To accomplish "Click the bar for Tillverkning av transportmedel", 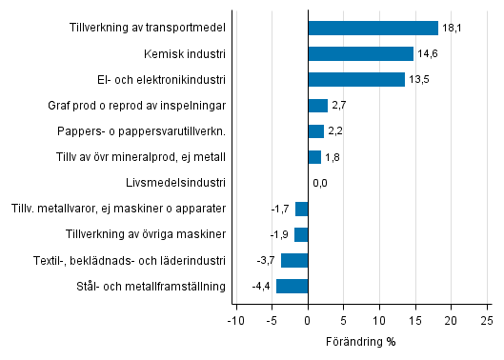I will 373,28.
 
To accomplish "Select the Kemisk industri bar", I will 360,53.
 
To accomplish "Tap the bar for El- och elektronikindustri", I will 356,79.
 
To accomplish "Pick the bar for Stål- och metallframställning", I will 292,286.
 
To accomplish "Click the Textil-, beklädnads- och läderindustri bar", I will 294,260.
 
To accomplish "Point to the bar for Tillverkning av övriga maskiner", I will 301,234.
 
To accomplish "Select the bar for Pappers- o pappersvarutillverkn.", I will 316,131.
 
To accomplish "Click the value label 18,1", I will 452,28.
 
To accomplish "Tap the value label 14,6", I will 427,53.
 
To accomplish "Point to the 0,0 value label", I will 320,183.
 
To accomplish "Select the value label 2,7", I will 338,106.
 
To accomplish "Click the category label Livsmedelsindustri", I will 175,183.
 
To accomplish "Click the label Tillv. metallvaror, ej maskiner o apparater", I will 117,209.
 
